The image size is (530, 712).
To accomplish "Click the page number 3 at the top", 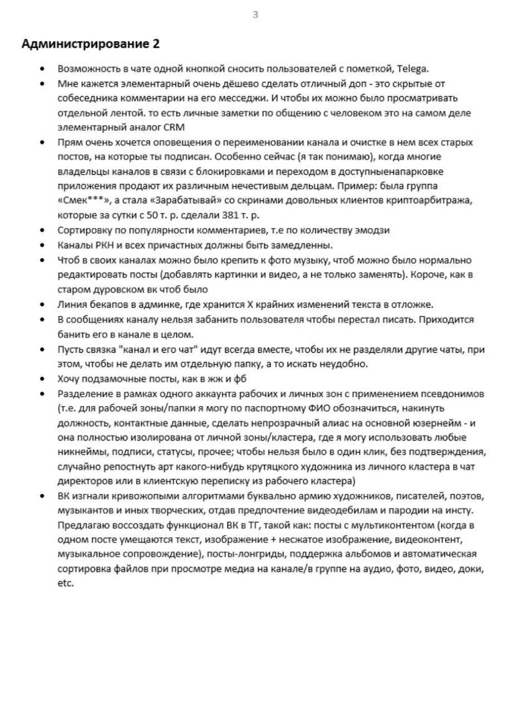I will pyautogui.click(x=255, y=15).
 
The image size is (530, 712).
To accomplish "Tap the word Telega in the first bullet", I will pyautogui.click(x=412, y=69).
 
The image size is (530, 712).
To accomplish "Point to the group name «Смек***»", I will pyautogui.click(x=82, y=200).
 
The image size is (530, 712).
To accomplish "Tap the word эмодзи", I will pyautogui.click(x=372, y=230).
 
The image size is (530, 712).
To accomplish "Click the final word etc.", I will pyautogui.click(x=65, y=584).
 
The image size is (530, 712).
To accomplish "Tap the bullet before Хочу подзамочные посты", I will pyautogui.click(x=43, y=379).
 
